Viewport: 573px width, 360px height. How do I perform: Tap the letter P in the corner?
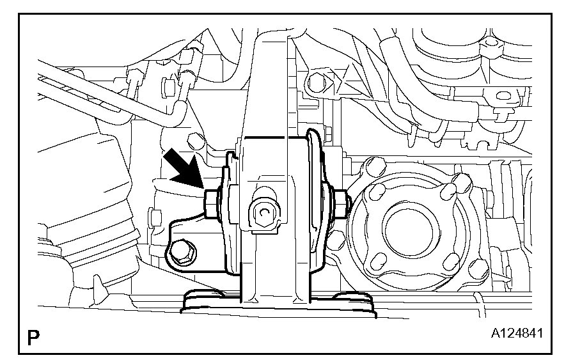pos(33,338)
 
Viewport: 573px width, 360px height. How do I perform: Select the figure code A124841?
pos(517,333)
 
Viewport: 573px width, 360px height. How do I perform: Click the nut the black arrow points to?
pos(210,205)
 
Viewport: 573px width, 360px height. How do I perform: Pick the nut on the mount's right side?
pos(341,205)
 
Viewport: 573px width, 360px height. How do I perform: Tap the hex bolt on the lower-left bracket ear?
pos(183,251)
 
